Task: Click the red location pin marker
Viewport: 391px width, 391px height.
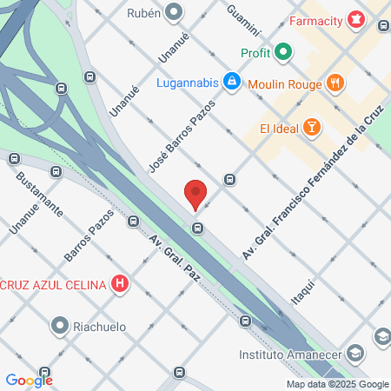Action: coord(195,194)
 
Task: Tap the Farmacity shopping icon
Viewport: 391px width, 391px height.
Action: coord(355,18)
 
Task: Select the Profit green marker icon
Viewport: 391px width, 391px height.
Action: coord(282,53)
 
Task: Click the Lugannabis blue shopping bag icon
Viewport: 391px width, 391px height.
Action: coord(230,83)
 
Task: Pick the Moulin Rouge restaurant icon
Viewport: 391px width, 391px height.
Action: coord(337,83)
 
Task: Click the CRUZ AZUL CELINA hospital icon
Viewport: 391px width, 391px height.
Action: coord(121,283)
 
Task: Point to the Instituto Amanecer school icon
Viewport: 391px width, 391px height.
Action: coord(355,354)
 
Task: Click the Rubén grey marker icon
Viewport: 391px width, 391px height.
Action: coord(174,12)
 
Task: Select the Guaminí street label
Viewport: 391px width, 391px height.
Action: coord(243,19)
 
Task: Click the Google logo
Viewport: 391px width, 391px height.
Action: coord(29,380)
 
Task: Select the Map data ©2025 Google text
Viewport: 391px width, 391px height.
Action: coord(338,384)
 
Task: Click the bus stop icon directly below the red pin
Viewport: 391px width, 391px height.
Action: coord(198,229)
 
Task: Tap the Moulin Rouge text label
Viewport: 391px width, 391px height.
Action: coord(284,83)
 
